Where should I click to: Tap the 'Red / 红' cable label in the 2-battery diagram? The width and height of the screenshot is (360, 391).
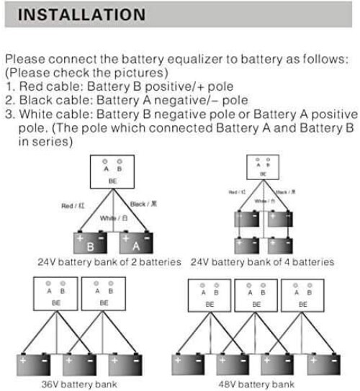click(73, 205)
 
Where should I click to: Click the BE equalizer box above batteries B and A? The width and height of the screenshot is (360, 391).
click(113, 172)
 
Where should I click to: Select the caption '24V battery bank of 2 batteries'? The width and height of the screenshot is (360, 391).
click(109, 262)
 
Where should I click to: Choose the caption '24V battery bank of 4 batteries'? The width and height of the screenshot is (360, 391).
click(263, 262)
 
